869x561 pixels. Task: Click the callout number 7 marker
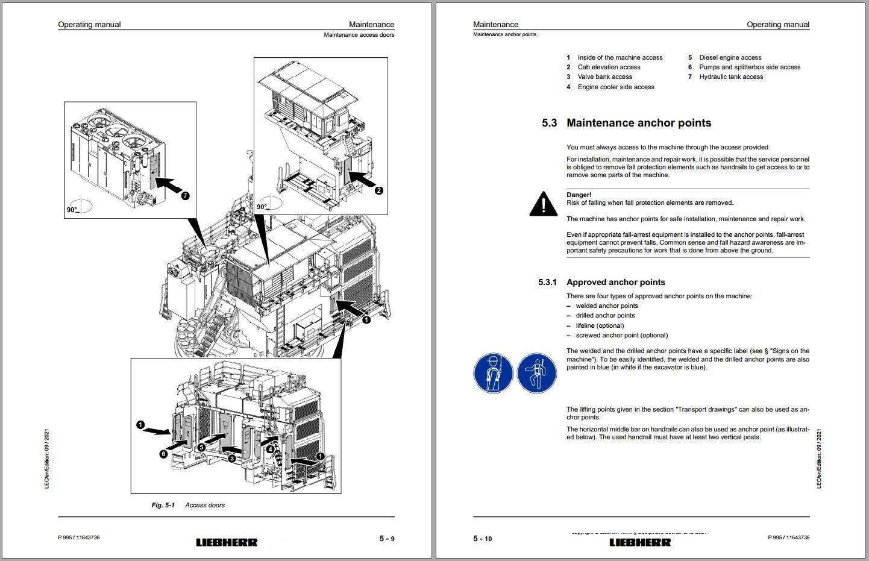(185, 196)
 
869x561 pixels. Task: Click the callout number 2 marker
(379, 190)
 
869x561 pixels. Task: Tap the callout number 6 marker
(163, 454)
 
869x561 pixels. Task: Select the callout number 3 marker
(232, 458)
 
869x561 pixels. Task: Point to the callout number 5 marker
(201, 448)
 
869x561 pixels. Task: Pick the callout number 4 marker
(271, 448)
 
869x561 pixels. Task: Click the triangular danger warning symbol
(543, 204)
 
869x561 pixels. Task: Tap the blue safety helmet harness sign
(493, 373)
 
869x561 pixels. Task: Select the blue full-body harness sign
(536, 373)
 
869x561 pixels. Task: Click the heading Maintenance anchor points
(639, 123)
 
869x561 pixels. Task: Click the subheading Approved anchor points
(615, 282)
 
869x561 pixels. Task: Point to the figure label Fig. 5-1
(163, 505)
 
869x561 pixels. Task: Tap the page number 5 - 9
(386, 538)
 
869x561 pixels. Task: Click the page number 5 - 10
(482, 539)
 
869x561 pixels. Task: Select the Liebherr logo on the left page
(227, 542)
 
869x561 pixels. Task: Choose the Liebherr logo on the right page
(640, 542)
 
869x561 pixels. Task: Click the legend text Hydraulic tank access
(731, 77)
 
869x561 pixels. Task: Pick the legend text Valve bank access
(604, 77)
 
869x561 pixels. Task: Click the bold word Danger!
(579, 195)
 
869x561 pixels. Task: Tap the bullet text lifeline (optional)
(600, 325)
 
